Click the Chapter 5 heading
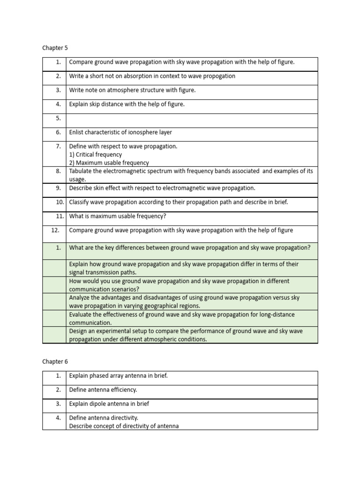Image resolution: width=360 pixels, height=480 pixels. coord(55,48)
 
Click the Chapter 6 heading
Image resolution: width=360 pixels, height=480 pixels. coord(55,361)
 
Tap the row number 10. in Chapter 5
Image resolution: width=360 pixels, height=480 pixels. coord(59,202)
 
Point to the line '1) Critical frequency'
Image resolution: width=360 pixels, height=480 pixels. coord(96,154)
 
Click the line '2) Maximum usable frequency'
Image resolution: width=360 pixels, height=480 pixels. coord(109,163)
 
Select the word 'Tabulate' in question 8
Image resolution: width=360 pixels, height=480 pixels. coord(81,171)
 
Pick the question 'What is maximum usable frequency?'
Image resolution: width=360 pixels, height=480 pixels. coord(118,216)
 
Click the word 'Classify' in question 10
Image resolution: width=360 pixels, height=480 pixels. coord(80,202)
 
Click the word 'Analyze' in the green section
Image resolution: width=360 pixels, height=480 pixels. coord(80,298)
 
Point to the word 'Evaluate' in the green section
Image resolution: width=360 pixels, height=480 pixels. coord(81,315)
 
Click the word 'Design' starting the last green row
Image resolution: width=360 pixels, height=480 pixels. coord(79,331)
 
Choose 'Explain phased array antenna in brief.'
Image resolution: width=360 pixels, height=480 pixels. coord(118,375)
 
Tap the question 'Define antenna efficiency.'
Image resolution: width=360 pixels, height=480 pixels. coord(103,390)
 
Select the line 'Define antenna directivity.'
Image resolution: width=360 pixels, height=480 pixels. coord(104,418)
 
